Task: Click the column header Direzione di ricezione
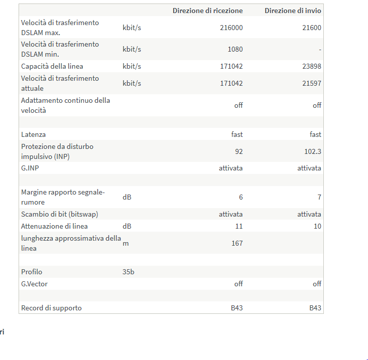(x=208, y=11)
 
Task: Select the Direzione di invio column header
(x=293, y=11)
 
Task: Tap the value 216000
(x=231, y=28)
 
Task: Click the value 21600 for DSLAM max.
(x=312, y=28)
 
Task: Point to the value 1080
(x=235, y=49)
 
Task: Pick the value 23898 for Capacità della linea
(x=312, y=66)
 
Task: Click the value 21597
(x=312, y=83)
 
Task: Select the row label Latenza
(x=33, y=134)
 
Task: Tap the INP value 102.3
(x=313, y=151)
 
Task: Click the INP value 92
(x=239, y=151)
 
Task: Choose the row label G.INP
(x=30, y=168)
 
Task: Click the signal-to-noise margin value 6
(x=241, y=197)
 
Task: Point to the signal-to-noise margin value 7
(x=319, y=197)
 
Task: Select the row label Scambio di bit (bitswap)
(x=60, y=214)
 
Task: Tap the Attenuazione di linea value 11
(x=239, y=226)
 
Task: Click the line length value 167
(x=237, y=243)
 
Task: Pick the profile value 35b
(x=129, y=272)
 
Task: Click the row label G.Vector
(x=34, y=284)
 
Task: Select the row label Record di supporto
(x=51, y=308)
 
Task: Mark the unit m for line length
(x=126, y=244)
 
